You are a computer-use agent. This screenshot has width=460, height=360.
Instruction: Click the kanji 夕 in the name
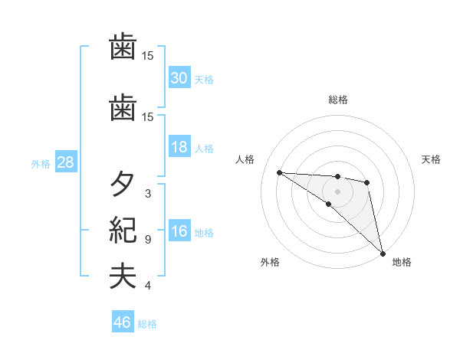123,185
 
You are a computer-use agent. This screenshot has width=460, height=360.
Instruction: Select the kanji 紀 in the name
123,230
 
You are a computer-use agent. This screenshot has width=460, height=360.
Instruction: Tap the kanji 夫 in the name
123,277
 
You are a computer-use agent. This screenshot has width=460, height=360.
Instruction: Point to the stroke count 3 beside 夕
148,194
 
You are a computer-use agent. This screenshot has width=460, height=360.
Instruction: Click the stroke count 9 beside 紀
148,240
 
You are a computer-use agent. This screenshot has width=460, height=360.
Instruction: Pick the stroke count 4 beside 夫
148,286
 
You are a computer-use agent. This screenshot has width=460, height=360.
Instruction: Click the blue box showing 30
179,77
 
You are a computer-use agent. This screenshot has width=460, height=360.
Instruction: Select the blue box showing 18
179,147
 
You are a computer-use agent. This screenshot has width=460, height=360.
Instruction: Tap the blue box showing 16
179,232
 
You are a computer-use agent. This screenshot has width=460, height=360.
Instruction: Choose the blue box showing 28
65,162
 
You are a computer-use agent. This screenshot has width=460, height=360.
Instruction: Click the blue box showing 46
122,322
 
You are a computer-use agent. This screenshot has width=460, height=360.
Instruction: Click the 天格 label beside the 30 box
204,79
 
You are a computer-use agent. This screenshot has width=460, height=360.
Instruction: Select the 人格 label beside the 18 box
204,149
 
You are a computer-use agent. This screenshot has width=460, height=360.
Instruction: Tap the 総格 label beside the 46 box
147,324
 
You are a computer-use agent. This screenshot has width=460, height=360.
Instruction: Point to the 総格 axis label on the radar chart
337,100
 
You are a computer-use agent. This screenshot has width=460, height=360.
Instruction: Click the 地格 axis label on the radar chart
402,262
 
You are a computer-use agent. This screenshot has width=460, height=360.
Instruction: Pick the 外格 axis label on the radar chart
270,262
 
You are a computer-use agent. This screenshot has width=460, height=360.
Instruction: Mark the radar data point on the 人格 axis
279,172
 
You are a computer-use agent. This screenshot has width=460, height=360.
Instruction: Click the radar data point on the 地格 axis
382,253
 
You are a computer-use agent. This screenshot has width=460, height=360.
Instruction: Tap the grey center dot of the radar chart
337,191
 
